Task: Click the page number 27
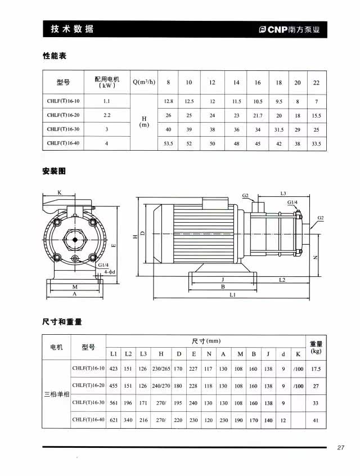[x=340, y=448]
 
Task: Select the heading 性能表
[x=55, y=56]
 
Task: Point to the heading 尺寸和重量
[x=62, y=322]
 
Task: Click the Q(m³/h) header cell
[x=143, y=82]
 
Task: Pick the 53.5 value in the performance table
[x=168, y=143]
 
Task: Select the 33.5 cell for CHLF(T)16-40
[x=316, y=143]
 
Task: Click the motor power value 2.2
[x=107, y=115]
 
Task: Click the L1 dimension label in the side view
[x=232, y=294]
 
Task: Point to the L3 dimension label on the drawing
[x=283, y=193]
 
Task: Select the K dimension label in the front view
[x=59, y=192]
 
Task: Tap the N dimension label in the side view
[x=316, y=257]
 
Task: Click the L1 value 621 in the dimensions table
[x=114, y=420]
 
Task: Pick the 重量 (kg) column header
[x=316, y=347]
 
